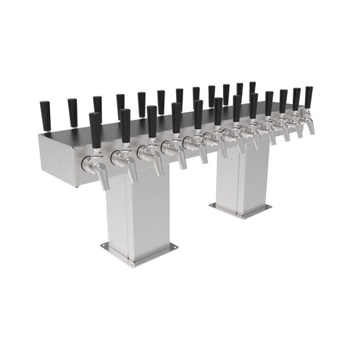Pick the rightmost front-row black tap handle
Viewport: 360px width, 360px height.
point(308,97)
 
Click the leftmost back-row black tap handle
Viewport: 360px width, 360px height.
point(45,113)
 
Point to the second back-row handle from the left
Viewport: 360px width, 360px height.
point(72,111)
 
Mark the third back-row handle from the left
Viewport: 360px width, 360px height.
point(97,107)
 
